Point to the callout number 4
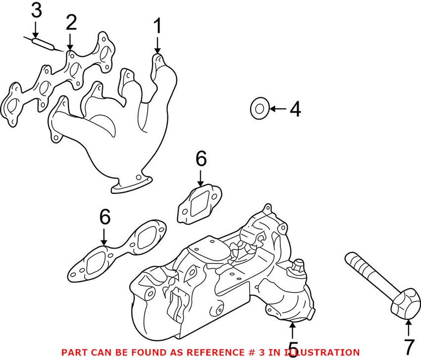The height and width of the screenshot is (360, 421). point(295,109)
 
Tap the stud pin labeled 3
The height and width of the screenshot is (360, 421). point(43,43)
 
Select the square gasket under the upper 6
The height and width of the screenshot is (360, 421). point(199,204)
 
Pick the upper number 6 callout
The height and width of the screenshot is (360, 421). point(200,160)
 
